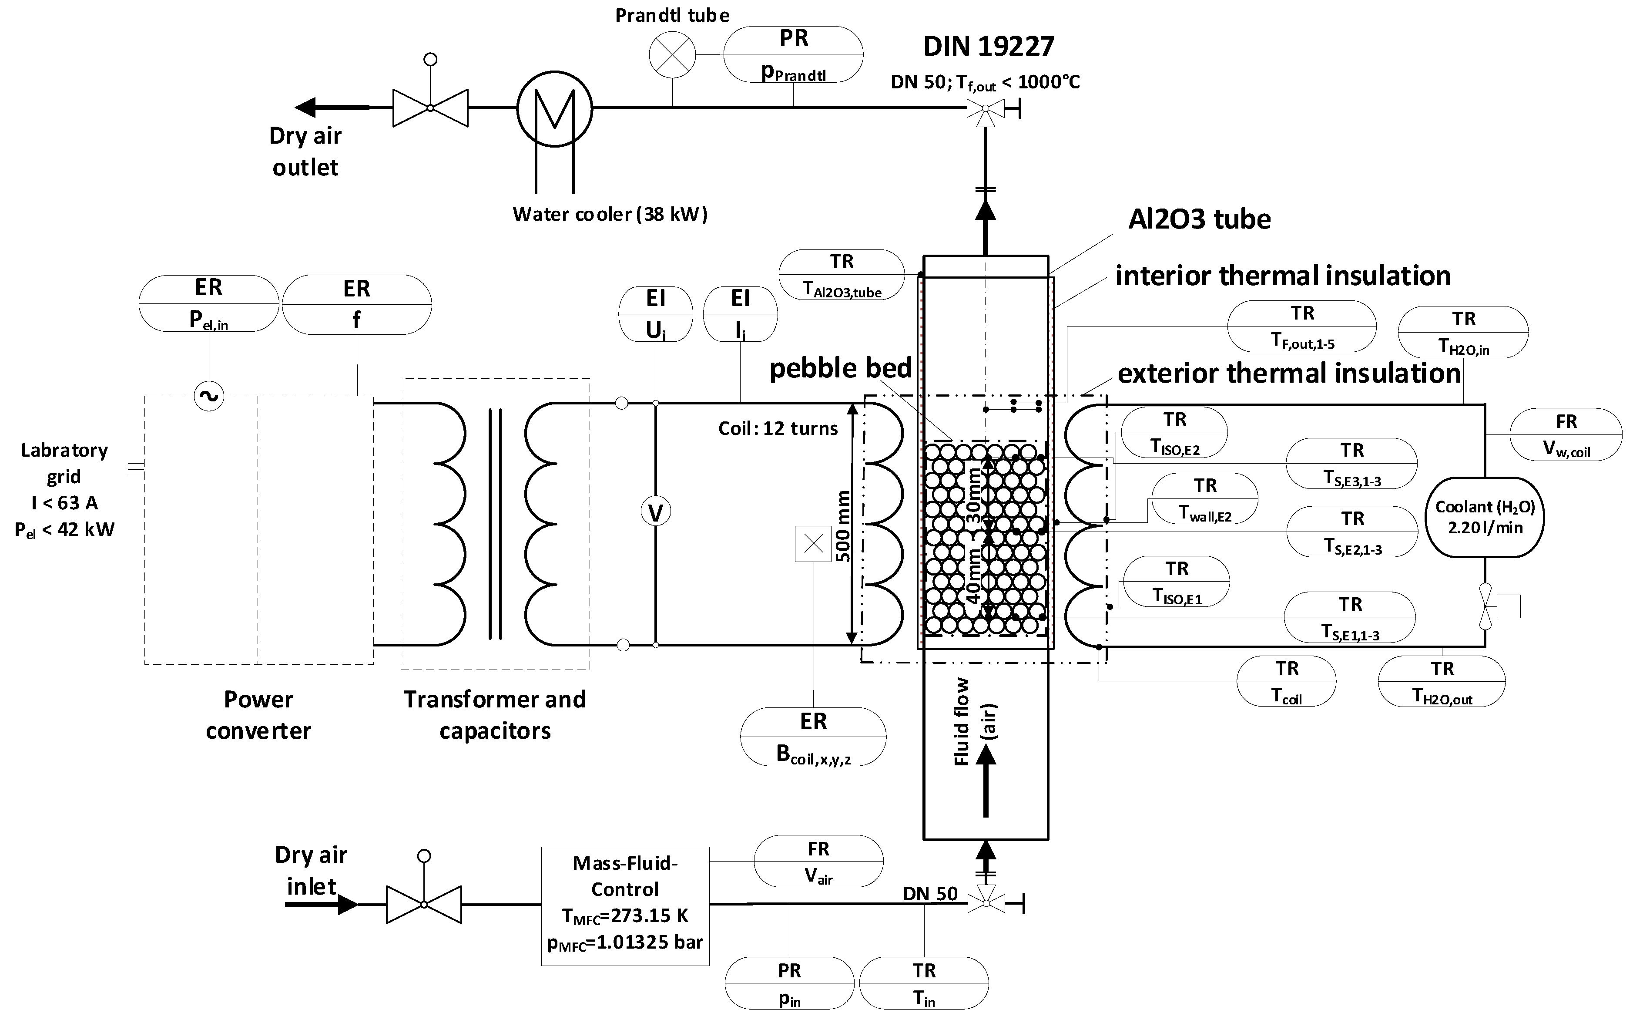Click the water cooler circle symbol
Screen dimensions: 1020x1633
pyautogui.click(x=554, y=108)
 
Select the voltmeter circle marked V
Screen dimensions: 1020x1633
pyautogui.click(x=655, y=513)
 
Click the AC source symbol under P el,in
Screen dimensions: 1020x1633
pyautogui.click(x=209, y=396)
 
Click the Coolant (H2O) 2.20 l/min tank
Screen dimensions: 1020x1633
pyautogui.click(x=1485, y=518)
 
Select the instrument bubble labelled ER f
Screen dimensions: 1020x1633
pyautogui.click(x=357, y=304)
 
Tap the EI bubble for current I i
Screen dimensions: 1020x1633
pyautogui.click(x=740, y=314)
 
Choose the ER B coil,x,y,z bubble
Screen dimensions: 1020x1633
pyautogui.click(x=813, y=737)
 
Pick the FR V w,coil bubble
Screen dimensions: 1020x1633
pyautogui.click(x=1566, y=434)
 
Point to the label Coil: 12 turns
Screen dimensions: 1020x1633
pyautogui.click(x=778, y=428)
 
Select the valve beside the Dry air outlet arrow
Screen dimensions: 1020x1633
pyautogui.click(x=430, y=108)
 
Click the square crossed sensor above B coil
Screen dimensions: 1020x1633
pyautogui.click(x=813, y=544)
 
